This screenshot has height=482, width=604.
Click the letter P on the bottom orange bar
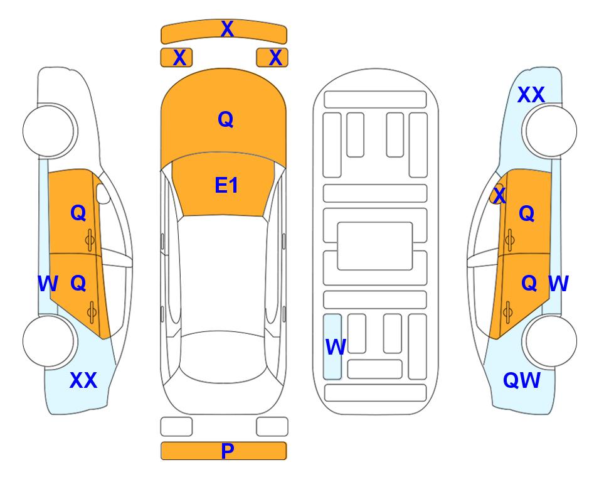coord(228,451)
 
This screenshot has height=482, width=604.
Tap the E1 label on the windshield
coord(226,185)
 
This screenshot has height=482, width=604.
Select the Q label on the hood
coord(226,119)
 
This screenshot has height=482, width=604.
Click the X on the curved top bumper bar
coord(227,29)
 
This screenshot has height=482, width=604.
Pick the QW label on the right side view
coord(522,380)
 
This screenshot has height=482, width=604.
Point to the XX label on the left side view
coord(83,380)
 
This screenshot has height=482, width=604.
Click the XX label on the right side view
coord(531,95)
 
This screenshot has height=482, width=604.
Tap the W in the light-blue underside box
coord(336,346)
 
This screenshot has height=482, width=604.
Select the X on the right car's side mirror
coord(500,195)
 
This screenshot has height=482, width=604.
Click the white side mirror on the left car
coord(103,193)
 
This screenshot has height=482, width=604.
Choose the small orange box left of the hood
coord(176,58)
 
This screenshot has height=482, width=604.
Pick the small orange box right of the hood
coord(272,58)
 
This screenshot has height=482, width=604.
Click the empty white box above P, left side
coord(176,427)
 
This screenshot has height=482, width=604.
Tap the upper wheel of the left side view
coord(50,131)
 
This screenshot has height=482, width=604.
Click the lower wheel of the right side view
coord(551,341)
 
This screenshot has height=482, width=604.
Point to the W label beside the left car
coord(48,284)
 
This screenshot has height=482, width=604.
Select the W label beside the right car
coord(558,284)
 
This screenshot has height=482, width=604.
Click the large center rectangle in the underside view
coord(375,246)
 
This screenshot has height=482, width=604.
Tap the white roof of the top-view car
coord(223,273)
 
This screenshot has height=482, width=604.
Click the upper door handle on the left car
coord(90,240)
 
